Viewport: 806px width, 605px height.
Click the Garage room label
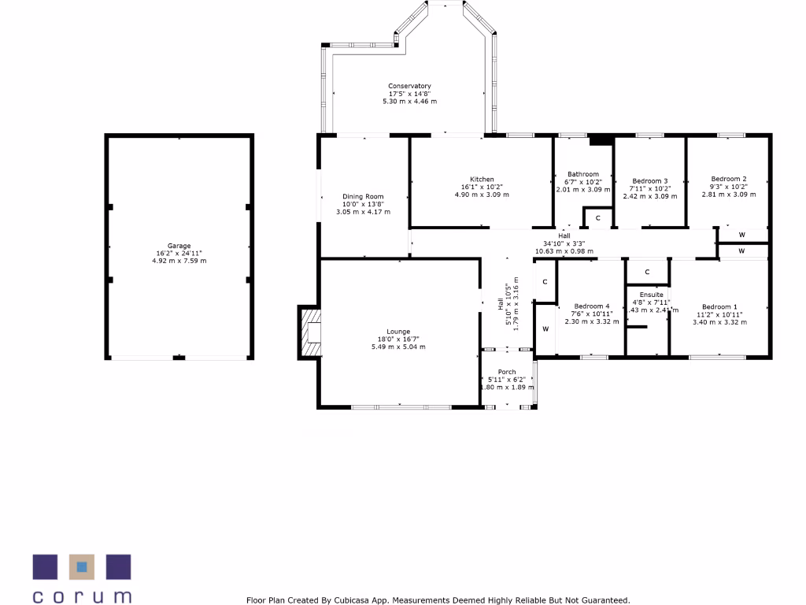(x=179, y=246)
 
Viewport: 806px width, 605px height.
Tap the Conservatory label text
(x=409, y=86)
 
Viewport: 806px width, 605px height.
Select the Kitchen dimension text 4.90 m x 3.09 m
(x=482, y=195)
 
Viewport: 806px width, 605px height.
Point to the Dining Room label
(x=363, y=196)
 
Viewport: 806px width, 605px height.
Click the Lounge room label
(x=397, y=332)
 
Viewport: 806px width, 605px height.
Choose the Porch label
(x=508, y=372)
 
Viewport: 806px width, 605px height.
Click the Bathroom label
(x=583, y=174)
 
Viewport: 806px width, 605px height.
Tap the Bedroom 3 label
(x=650, y=180)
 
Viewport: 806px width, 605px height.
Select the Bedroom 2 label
(x=728, y=179)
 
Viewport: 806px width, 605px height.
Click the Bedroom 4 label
(x=591, y=306)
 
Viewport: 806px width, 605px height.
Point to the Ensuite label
(x=651, y=295)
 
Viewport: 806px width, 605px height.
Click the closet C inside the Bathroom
(x=597, y=217)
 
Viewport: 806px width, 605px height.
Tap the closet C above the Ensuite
(x=647, y=272)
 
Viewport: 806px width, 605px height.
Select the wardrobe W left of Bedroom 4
(x=545, y=328)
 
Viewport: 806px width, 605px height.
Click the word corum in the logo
(x=82, y=595)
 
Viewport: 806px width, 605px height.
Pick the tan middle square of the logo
(x=81, y=566)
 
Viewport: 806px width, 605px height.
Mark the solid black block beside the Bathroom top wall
(x=601, y=140)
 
